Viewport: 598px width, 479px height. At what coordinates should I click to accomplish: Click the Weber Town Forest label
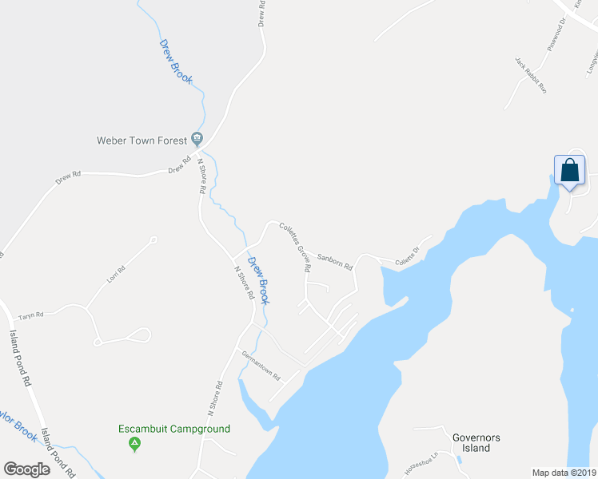point(142,141)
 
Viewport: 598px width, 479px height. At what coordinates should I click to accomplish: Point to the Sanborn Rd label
point(335,261)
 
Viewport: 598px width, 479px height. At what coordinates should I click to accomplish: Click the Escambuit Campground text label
point(174,429)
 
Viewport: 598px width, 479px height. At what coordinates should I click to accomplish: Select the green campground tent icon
point(135,443)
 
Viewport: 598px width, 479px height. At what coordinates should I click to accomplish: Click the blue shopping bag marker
point(569,172)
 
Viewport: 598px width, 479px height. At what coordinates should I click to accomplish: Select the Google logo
point(26,469)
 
